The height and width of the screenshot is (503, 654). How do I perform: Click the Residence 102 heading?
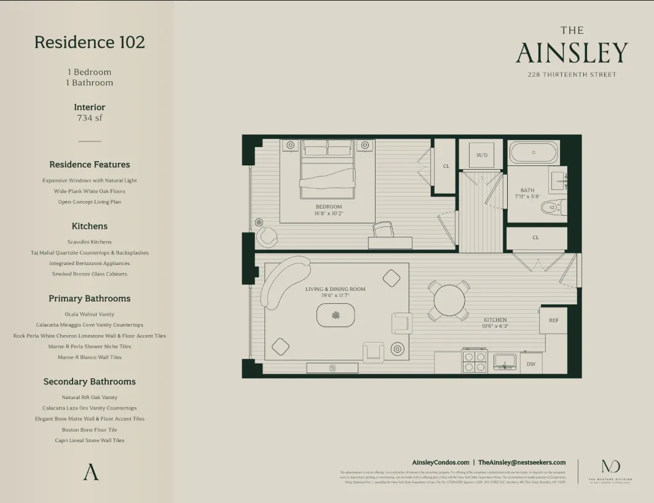coord(90,42)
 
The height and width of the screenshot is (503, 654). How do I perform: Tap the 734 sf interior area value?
coord(90,117)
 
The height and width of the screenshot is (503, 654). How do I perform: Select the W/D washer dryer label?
coord(481,155)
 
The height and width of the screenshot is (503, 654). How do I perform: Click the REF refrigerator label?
coord(553,320)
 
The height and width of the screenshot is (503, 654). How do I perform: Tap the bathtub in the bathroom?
coord(534,152)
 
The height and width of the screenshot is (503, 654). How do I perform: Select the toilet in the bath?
coord(553,208)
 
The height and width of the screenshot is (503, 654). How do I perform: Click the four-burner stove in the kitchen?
coord(474,362)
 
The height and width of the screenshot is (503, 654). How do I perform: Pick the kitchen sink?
coord(506,361)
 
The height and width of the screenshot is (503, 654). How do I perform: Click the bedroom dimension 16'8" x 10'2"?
coord(329,214)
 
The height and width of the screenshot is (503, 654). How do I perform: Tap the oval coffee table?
coord(336,315)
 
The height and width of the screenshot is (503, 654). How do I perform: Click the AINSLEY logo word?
coord(572,53)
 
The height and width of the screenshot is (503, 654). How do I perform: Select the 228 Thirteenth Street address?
coord(572,74)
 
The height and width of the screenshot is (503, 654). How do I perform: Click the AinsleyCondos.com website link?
coord(440,462)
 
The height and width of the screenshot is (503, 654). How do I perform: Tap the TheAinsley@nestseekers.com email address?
coord(522,462)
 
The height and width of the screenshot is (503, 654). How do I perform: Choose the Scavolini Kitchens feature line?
coord(90,242)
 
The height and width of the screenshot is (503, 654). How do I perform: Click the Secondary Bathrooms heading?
coord(90,382)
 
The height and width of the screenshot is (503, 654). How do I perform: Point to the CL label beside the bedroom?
coord(446,166)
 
